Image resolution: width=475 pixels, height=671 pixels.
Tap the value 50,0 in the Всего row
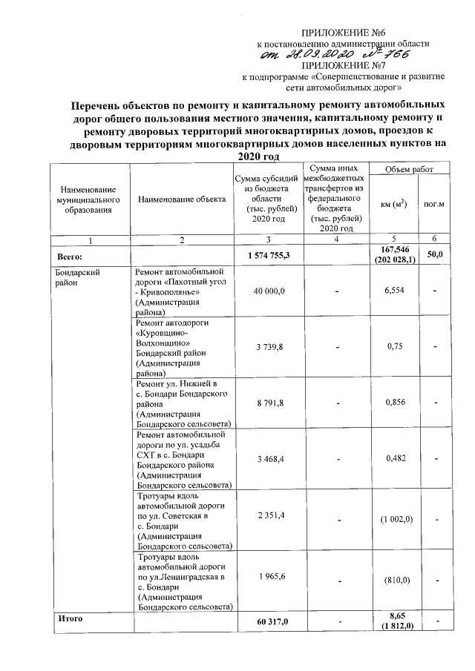[x=435, y=255]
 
